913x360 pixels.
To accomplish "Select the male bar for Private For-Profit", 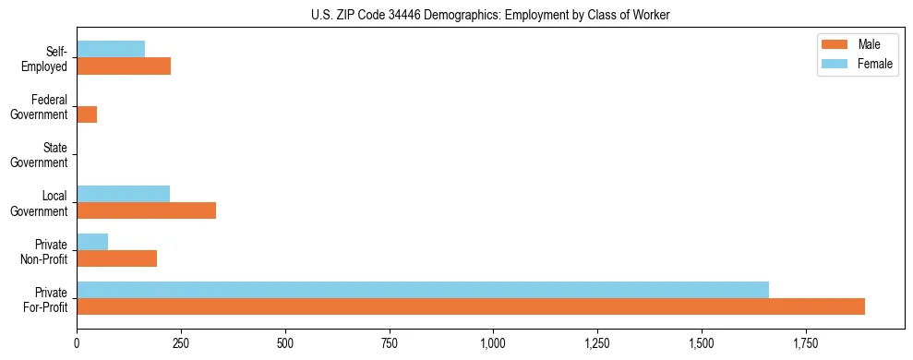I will [471, 306].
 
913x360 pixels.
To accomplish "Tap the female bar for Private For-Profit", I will [423, 290].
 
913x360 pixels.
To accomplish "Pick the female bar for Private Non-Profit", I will [92, 242].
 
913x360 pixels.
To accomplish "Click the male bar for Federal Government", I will [87, 114].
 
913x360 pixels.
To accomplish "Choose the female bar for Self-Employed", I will [111, 50].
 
